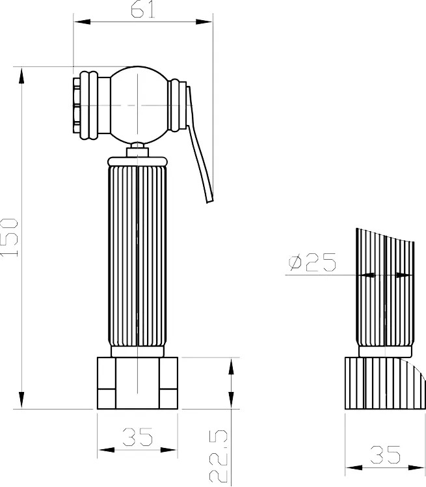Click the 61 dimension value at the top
point(142,10)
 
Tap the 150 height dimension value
point(9,238)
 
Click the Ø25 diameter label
point(312,262)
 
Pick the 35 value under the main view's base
point(137,437)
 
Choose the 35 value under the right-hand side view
point(385,454)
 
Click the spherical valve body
point(138,105)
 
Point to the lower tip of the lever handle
point(210,202)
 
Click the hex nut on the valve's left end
point(77,105)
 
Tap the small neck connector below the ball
point(137,150)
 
